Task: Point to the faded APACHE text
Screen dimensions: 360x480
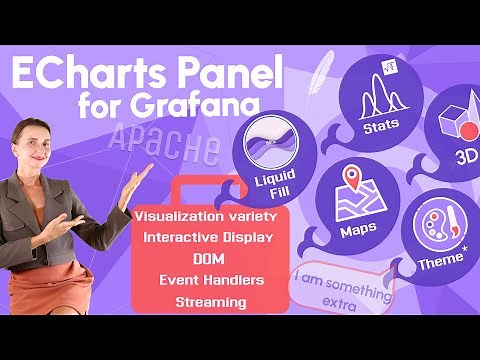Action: (166, 146)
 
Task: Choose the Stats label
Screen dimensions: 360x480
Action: (380, 125)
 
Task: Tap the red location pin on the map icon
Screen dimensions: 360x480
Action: (352, 181)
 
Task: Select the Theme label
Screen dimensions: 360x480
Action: (441, 259)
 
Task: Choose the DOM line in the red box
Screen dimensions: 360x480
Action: (209, 259)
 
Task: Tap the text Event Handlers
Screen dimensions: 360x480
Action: (210, 280)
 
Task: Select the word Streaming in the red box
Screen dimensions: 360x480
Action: (210, 301)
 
